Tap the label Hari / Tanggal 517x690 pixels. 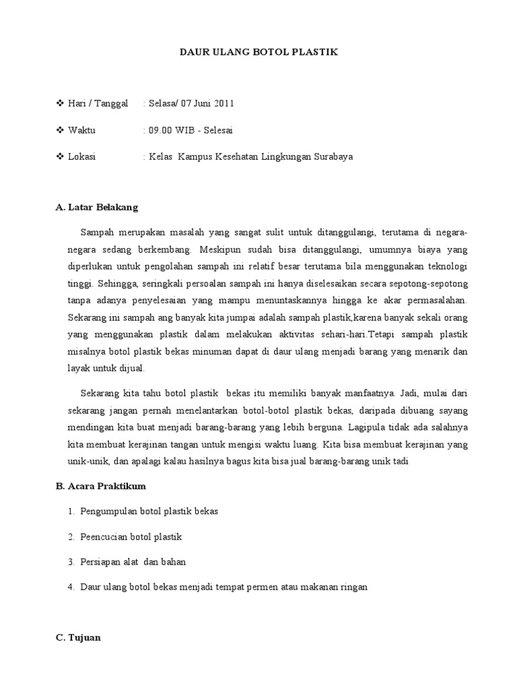click(x=98, y=103)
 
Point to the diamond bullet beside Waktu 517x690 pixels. click(x=59, y=130)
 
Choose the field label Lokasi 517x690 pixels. click(x=81, y=157)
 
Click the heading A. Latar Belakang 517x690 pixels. click(x=96, y=208)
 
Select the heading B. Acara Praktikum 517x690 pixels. click(x=100, y=486)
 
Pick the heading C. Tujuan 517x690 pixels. click(x=77, y=637)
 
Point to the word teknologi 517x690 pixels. click(x=444, y=265)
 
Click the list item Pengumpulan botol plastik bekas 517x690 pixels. click(x=149, y=511)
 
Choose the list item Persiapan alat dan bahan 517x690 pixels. click(x=133, y=562)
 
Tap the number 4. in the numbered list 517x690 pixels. click(x=71, y=587)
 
